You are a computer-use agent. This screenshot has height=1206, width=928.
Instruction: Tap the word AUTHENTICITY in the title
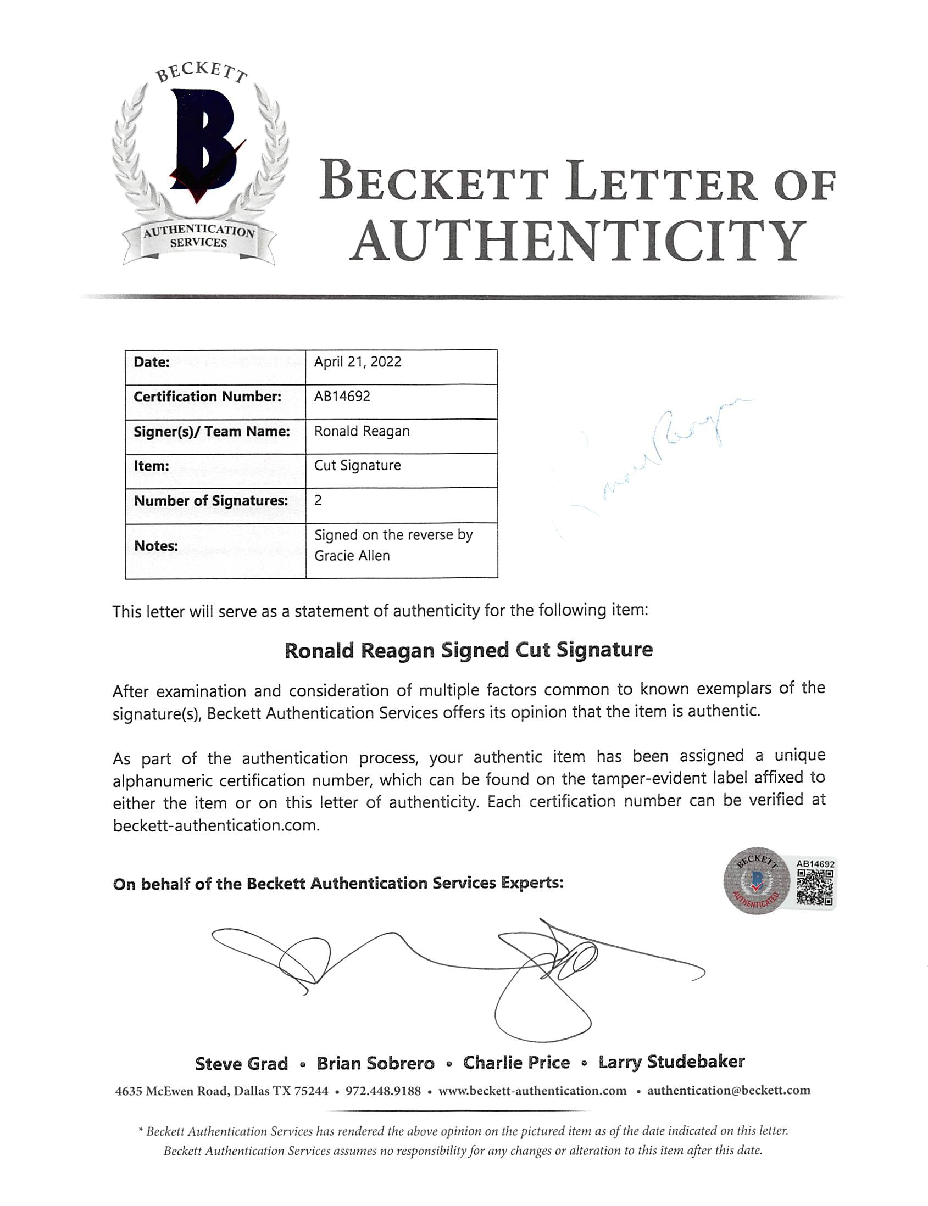577,241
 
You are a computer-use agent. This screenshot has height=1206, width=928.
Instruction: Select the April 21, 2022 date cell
357,362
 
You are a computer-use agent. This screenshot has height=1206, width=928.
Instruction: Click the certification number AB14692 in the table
342,397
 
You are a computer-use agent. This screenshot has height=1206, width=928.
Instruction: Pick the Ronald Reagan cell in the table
362,431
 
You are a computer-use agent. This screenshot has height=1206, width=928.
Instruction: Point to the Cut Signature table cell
357,466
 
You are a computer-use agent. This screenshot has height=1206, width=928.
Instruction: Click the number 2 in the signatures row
318,500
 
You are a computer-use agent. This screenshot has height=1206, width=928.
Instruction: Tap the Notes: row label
156,546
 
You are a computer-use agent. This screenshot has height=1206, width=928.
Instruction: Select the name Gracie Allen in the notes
352,556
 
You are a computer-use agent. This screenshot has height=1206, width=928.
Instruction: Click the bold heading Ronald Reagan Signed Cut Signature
469,650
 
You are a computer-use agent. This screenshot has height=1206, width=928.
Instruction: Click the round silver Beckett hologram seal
757,881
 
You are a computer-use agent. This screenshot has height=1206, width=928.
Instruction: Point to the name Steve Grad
241,1063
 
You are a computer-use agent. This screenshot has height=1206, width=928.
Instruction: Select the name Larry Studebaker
671,1062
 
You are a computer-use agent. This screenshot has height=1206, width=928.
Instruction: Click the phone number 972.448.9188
383,1091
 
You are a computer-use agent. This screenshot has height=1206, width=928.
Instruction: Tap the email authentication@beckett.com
729,1090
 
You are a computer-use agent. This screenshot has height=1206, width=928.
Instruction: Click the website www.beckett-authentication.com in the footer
532,1091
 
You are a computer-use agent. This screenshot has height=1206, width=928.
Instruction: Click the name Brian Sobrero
376,1063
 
